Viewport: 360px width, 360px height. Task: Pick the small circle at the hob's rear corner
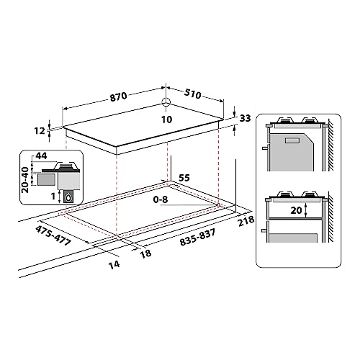tap(166, 102)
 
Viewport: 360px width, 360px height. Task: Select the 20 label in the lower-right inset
tap(294, 212)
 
